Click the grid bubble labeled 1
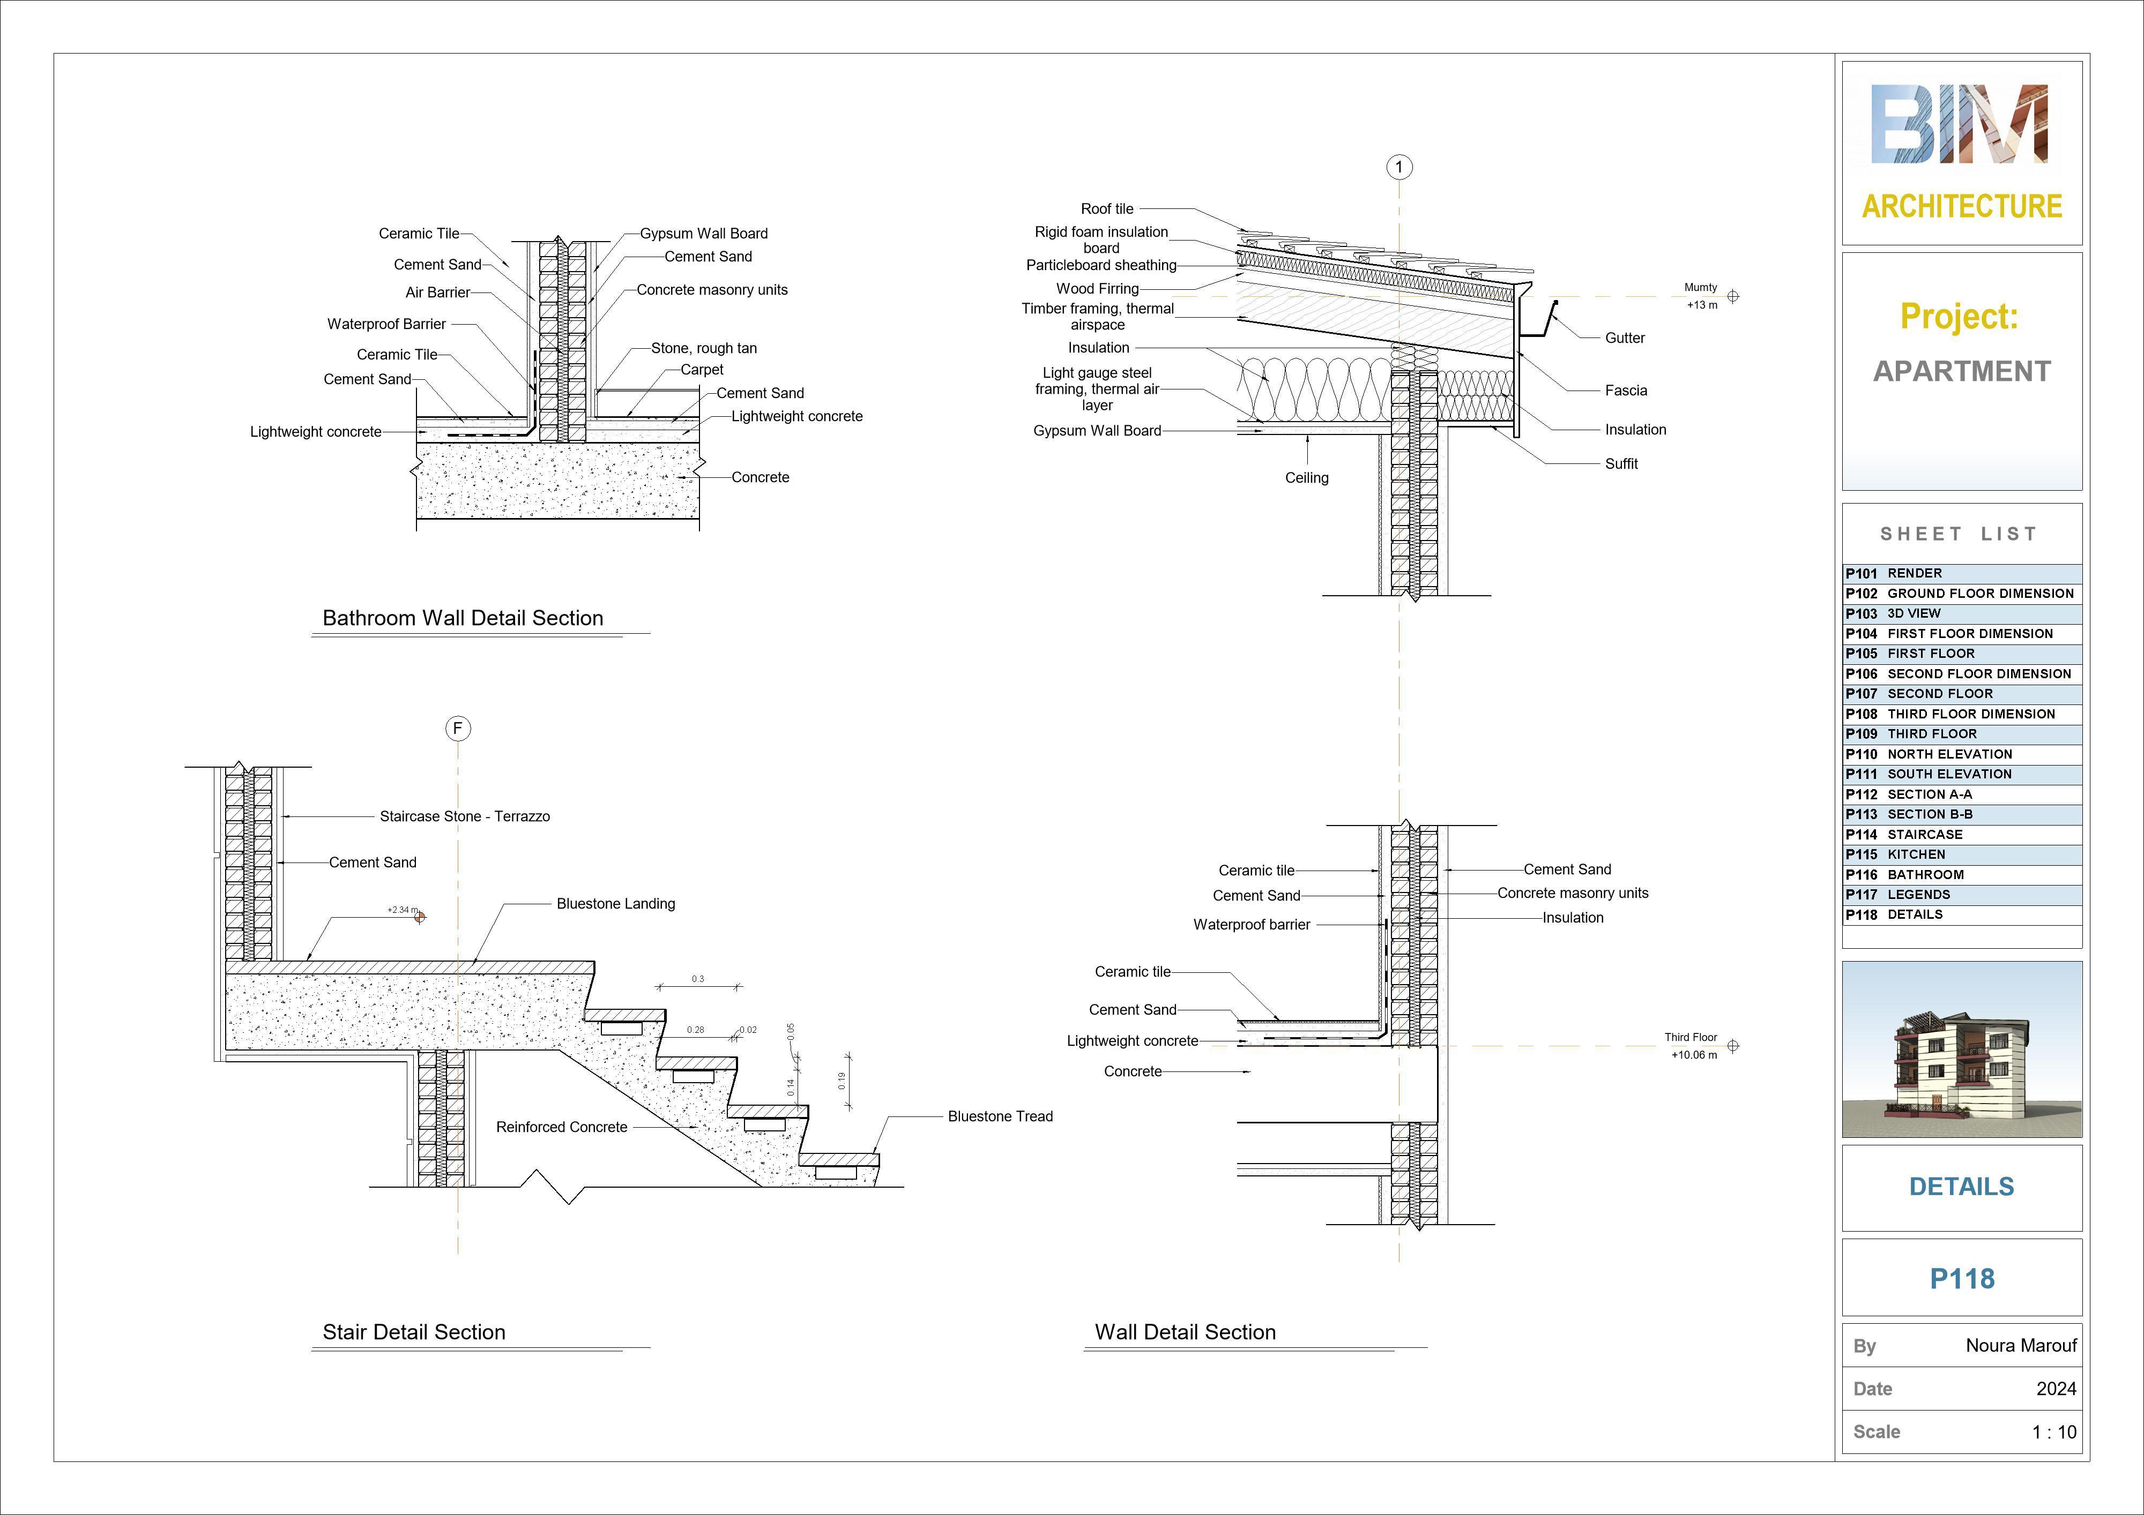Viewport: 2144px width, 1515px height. (1399, 167)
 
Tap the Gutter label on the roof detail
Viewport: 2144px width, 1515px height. (1624, 338)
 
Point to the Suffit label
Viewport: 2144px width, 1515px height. (1621, 464)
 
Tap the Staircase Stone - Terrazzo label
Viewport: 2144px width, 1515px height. (464, 817)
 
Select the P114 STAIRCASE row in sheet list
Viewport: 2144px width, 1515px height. (1961, 835)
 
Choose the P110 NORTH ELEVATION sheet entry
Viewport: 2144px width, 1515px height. (1961, 754)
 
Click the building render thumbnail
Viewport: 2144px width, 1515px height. (1961, 1049)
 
